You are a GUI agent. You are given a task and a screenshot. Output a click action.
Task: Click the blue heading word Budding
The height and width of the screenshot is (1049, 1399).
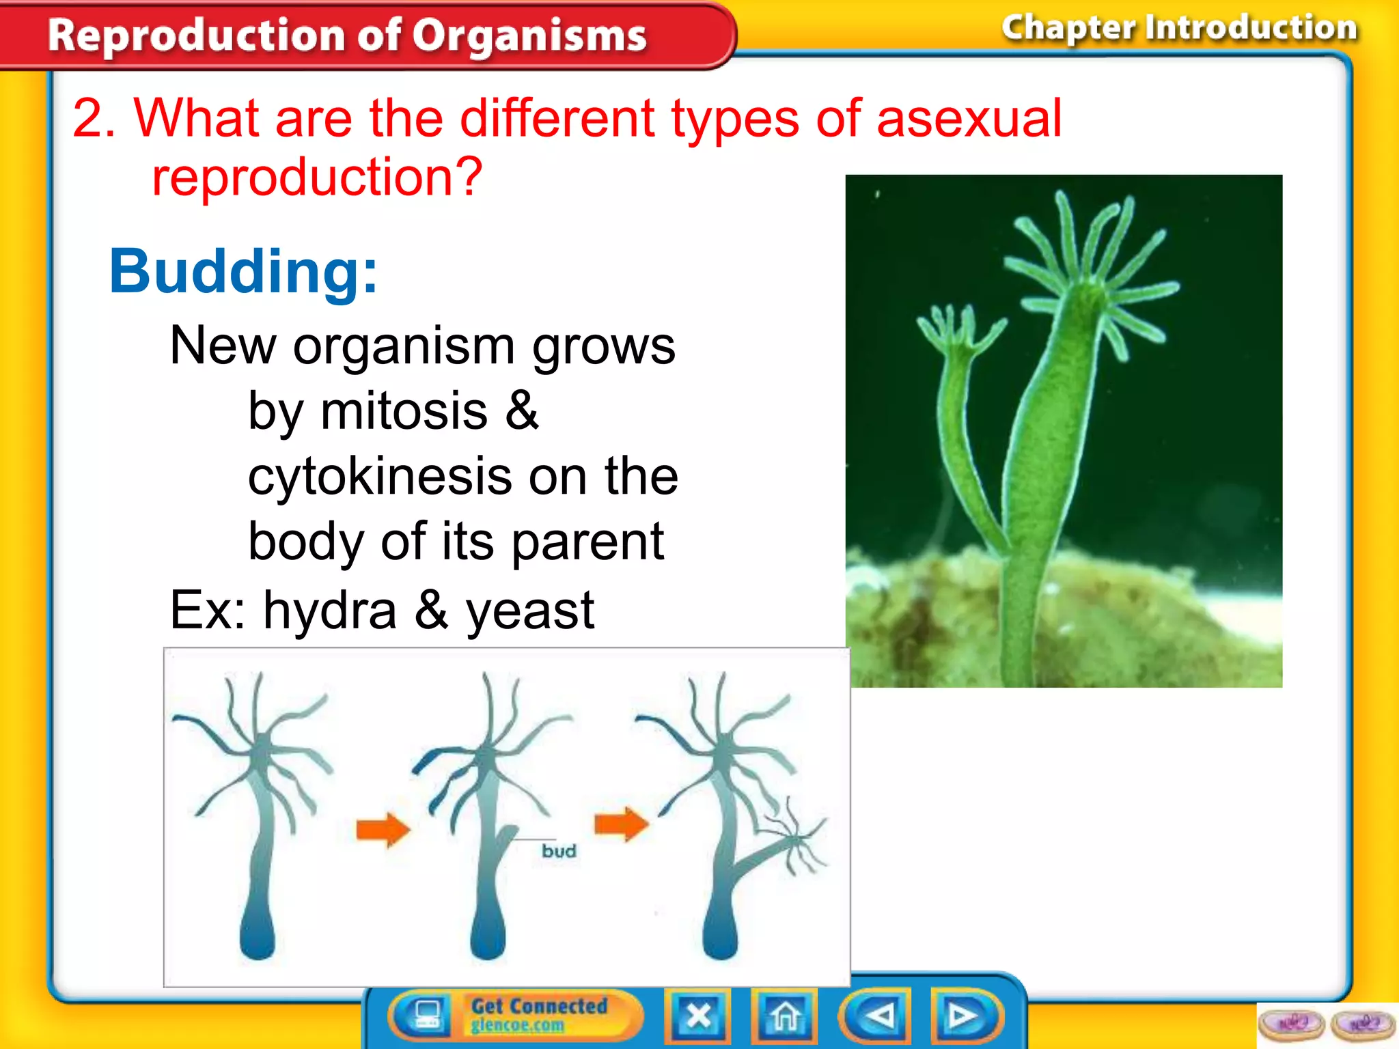[243, 272]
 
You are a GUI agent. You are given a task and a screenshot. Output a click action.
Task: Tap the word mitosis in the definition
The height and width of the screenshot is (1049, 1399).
[404, 411]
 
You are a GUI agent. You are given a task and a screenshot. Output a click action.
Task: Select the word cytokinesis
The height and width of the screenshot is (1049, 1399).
[379, 476]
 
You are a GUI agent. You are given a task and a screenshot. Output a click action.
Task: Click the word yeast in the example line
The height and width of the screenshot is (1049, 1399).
[529, 610]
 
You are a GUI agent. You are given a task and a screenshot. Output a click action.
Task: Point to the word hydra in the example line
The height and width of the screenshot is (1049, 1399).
[329, 610]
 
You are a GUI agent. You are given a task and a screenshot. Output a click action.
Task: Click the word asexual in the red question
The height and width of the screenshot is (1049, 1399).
[969, 118]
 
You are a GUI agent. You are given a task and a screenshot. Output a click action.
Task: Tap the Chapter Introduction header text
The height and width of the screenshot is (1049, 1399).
[1179, 28]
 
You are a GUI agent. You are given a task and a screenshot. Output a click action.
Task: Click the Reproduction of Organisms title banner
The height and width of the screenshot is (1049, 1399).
[347, 36]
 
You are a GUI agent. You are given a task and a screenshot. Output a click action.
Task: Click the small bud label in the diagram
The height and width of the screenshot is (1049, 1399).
[559, 851]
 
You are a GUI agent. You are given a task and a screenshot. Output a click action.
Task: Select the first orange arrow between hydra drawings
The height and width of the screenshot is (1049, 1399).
[383, 829]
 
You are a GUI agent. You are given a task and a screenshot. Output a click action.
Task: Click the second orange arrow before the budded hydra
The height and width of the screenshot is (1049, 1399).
[620, 824]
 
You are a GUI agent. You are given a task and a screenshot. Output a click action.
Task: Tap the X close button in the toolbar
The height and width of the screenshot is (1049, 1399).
[698, 1016]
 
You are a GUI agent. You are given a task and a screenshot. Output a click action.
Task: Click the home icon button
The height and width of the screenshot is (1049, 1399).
[785, 1016]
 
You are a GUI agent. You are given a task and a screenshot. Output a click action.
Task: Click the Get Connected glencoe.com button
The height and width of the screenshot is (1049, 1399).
[538, 1015]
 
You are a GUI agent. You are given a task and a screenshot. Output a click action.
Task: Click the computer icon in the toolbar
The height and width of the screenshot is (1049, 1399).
[428, 1015]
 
